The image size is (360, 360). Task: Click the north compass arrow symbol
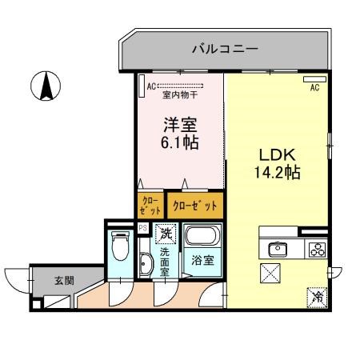(46, 86)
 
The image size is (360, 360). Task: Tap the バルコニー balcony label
(225, 49)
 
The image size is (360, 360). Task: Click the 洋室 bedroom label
(179, 125)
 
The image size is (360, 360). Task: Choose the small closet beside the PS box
(149, 205)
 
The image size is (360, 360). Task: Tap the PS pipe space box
(142, 228)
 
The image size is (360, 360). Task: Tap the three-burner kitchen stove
(315, 248)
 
